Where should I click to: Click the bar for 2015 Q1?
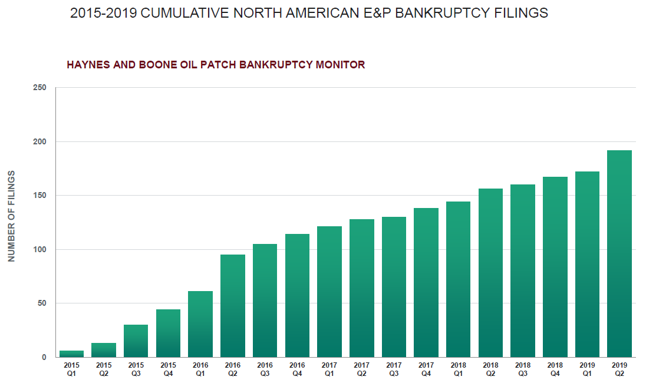pos(71,354)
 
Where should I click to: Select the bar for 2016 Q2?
pos(232,306)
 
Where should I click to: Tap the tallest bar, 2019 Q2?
pos(619,253)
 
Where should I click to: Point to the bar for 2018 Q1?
pos(458,279)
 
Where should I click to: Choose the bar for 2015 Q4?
pos(168,333)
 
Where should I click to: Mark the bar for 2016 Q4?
pos(297,295)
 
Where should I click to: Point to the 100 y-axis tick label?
pos(39,249)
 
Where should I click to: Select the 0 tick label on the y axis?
pos(44,357)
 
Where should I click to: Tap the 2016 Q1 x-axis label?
pos(200,369)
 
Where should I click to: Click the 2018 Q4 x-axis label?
pos(555,369)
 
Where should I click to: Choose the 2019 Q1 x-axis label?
pos(587,369)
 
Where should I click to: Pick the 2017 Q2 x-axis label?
pos(361,369)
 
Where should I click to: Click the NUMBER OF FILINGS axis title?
pos(11,216)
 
